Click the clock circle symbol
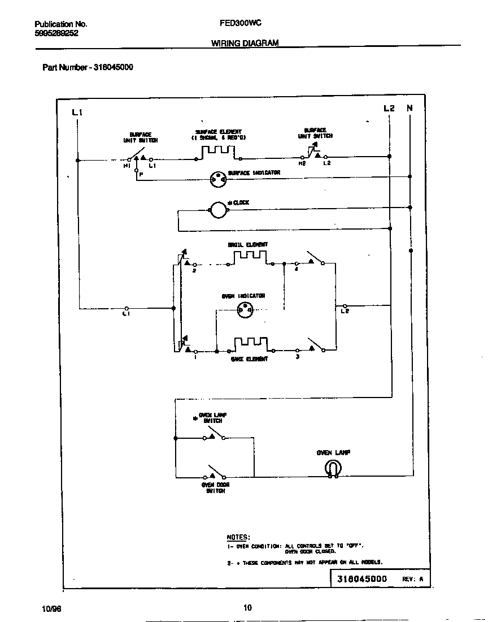(218, 211)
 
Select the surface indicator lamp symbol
(217, 179)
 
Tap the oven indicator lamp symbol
(245, 308)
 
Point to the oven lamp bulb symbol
(333, 468)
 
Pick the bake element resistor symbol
(250, 344)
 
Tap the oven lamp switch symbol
(213, 435)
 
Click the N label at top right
(410, 108)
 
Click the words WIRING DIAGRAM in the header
(245, 42)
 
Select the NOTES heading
(238, 537)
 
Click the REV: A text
(412, 580)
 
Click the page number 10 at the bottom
(247, 608)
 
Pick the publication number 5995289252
(56, 33)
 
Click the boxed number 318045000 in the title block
(362, 579)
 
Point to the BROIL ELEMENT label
(247, 245)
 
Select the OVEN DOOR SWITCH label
(213, 488)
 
